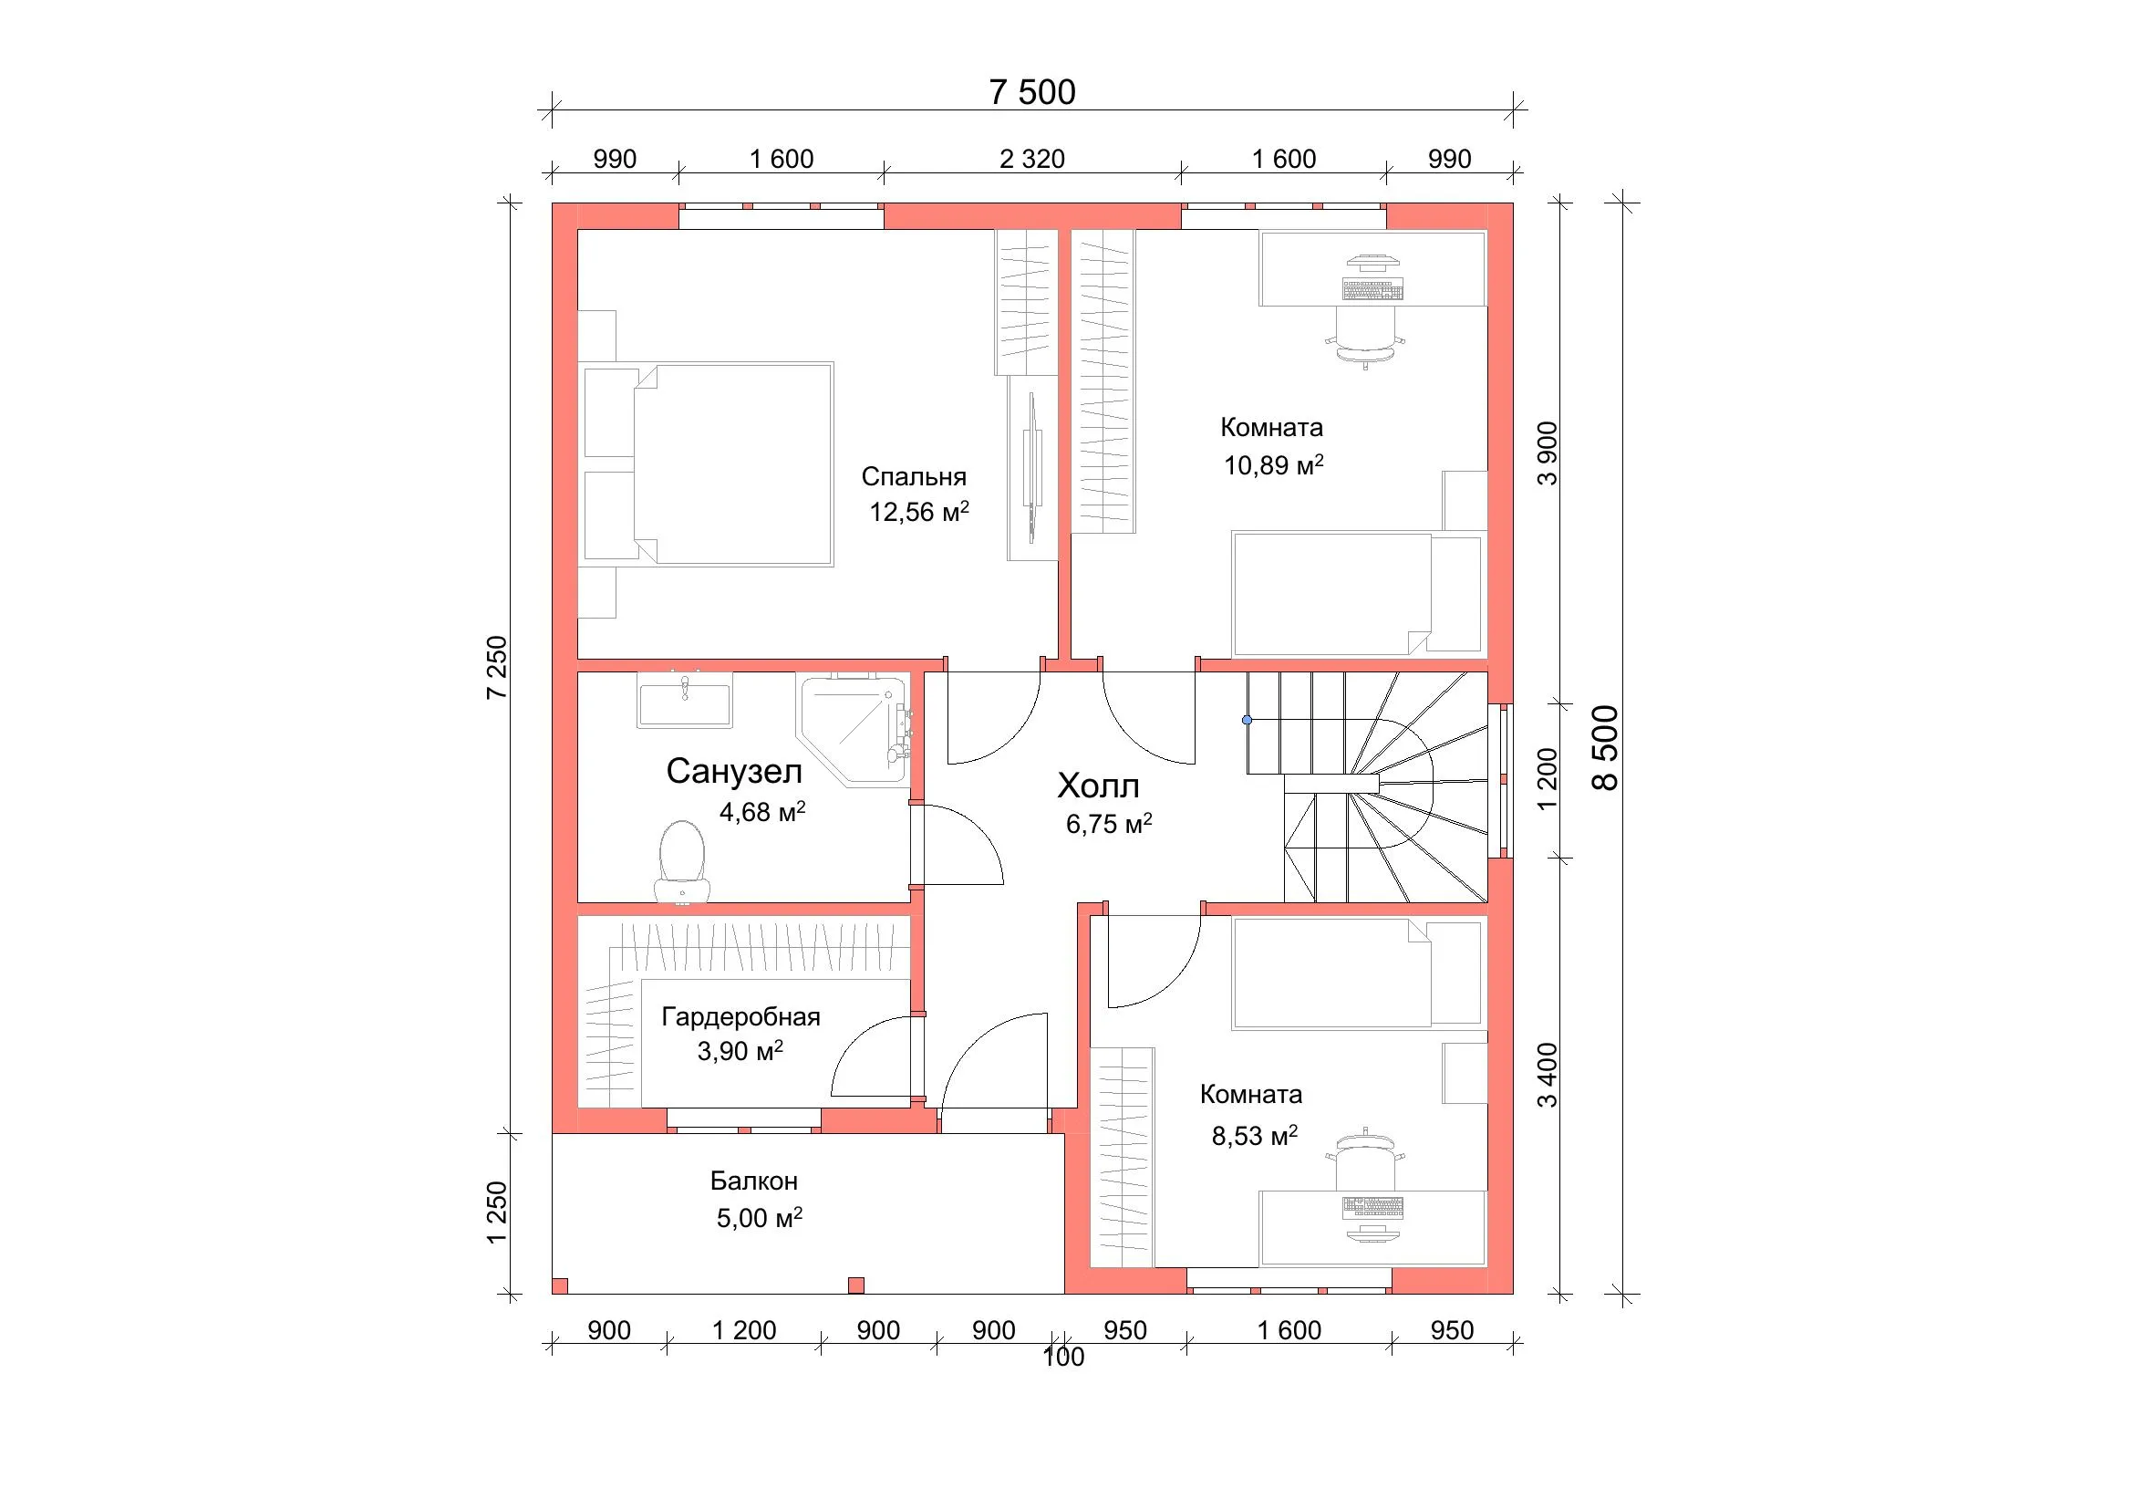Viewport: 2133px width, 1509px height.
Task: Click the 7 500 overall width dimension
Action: [1032, 92]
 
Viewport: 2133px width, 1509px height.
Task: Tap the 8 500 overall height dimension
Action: [1604, 748]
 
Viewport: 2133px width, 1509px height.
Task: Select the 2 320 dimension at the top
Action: [1032, 159]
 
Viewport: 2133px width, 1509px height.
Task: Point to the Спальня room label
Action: [914, 476]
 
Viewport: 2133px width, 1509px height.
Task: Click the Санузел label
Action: [734, 771]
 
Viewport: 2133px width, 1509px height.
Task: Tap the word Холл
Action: [1098, 786]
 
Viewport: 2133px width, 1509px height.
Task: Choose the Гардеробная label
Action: [740, 1016]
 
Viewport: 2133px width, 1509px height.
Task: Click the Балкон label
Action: [753, 1181]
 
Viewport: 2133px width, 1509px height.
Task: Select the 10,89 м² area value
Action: [1273, 464]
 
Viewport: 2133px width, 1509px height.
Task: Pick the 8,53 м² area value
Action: [1254, 1135]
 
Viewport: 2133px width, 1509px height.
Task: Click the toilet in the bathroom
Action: [682, 861]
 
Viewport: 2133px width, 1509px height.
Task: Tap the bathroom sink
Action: [685, 700]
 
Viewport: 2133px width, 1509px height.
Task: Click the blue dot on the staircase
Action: [1247, 720]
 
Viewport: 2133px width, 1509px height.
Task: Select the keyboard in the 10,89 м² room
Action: [1372, 291]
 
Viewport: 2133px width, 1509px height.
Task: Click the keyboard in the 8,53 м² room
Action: [1372, 1208]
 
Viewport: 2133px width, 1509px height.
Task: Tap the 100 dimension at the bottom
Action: [1062, 1358]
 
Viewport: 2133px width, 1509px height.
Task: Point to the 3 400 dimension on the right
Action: [1547, 1076]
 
